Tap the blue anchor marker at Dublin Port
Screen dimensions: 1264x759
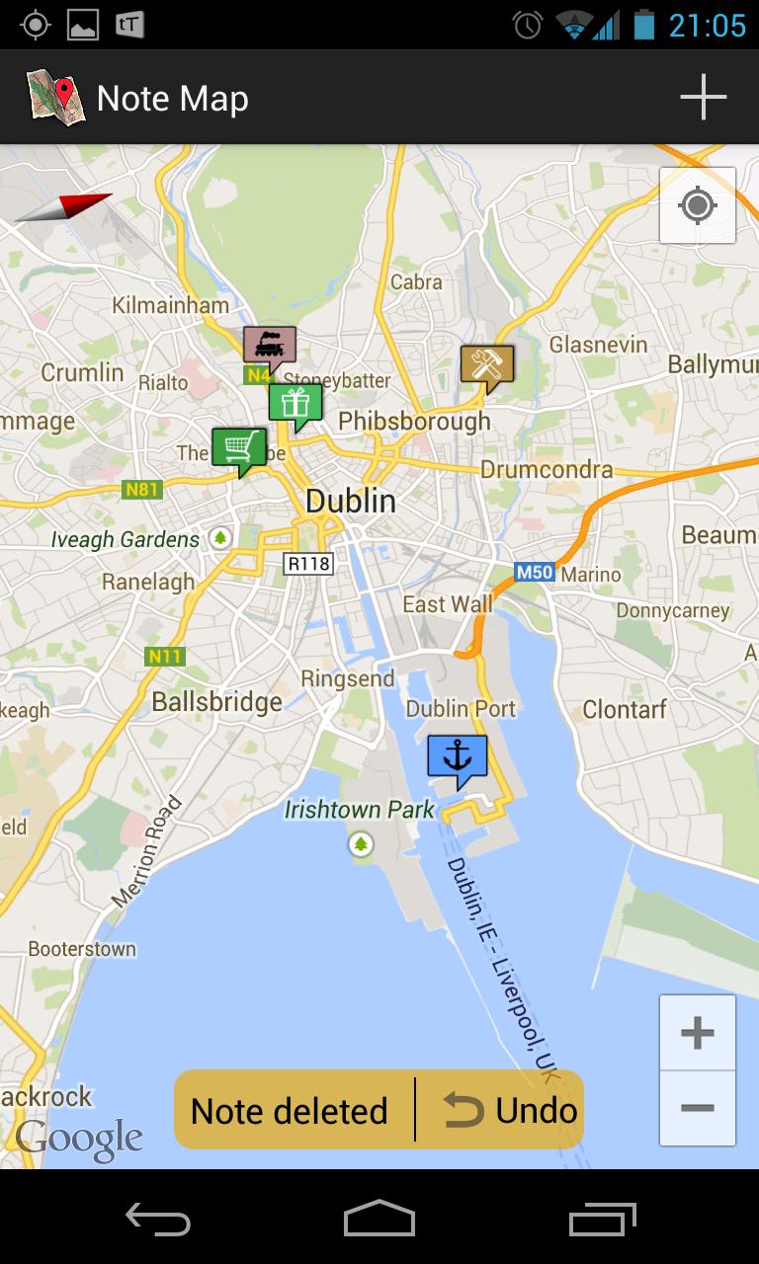[x=458, y=758]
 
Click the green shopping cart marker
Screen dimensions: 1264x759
[x=238, y=448]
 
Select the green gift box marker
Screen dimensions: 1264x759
[x=295, y=403]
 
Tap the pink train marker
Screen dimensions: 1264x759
[x=269, y=346]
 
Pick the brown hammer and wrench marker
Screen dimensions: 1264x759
[x=487, y=364]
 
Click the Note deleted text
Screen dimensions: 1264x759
[x=290, y=1111]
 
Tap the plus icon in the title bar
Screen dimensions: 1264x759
[x=703, y=98]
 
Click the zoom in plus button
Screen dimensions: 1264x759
[x=698, y=1033]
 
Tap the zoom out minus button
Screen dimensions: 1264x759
[x=698, y=1108]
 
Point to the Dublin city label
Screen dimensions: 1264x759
[x=350, y=501]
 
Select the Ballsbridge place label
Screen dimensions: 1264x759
[x=216, y=702]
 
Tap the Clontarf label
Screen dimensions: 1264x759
[x=625, y=709]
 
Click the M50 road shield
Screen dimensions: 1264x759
[x=534, y=573]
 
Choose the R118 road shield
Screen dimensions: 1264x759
[x=308, y=564]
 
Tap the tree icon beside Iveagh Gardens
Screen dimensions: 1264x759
[x=221, y=538]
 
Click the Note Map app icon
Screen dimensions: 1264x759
[x=54, y=97]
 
